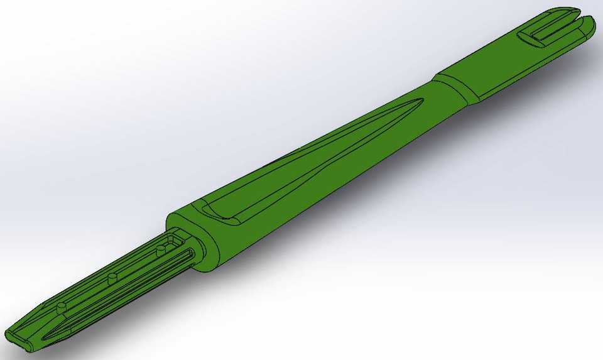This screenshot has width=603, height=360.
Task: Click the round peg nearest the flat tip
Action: [61, 305]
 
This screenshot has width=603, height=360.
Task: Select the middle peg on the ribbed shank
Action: [112, 277]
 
